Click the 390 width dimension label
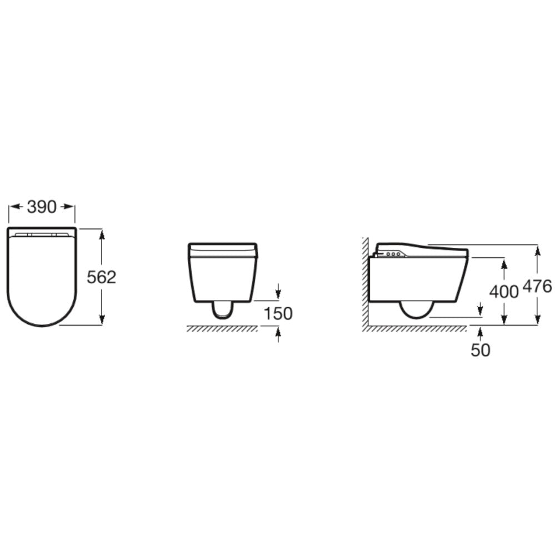[x=42, y=207]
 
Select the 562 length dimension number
[x=102, y=277]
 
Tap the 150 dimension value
[x=278, y=313]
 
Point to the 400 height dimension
[x=504, y=291]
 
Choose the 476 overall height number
[x=537, y=286]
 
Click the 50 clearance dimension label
[x=481, y=350]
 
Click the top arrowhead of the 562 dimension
[x=102, y=234]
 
